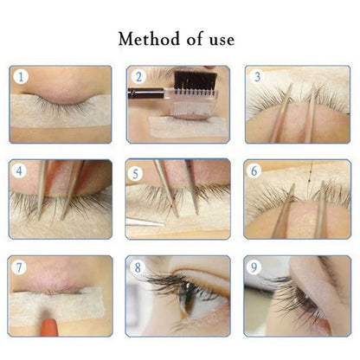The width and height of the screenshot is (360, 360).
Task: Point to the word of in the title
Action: coord(188,40)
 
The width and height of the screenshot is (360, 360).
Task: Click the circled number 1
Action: coord(21,77)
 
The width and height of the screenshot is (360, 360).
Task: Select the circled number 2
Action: coord(138,77)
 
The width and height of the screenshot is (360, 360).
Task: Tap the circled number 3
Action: coord(255,77)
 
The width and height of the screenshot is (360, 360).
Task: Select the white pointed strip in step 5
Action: coord(142,223)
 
